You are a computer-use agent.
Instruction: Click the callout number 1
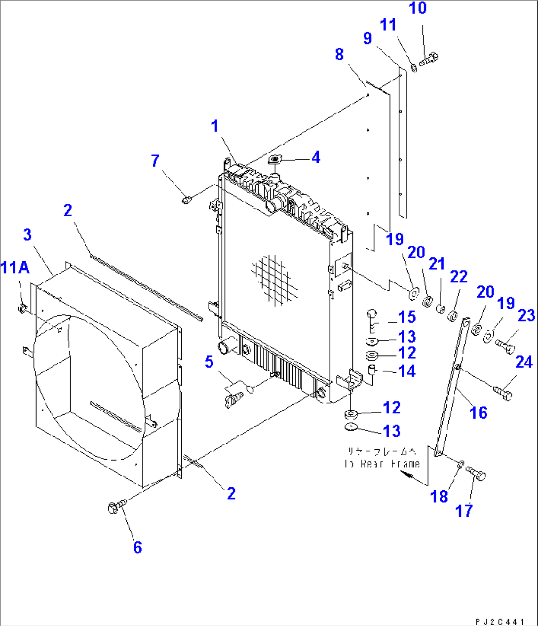click(215, 126)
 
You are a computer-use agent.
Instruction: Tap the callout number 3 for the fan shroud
click(28, 235)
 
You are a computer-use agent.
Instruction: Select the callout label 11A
click(15, 268)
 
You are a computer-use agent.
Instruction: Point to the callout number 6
click(137, 547)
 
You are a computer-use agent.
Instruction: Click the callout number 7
click(155, 160)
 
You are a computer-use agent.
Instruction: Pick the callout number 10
click(418, 8)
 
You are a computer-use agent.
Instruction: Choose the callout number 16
click(479, 412)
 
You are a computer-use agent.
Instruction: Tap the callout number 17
click(464, 510)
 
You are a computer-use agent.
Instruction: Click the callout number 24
click(524, 362)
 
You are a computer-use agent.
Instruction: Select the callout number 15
click(407, 317)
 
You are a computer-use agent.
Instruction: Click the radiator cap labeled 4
click(275, 159)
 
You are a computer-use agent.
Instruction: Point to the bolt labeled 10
click(429, 59)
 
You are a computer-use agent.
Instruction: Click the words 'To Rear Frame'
click(382, 464)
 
